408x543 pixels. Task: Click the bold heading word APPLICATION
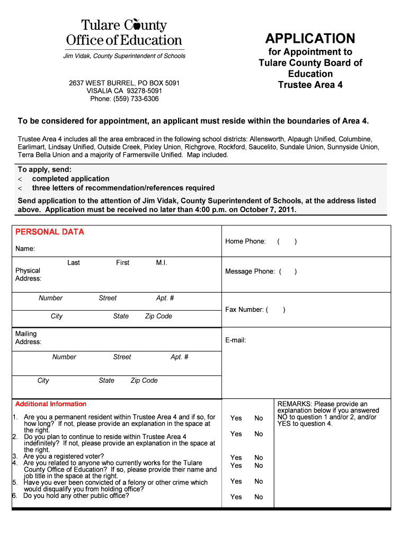[x=310, y=39]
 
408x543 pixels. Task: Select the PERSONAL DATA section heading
[x=49, y=232]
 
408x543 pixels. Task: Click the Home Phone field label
[x=245, y=241]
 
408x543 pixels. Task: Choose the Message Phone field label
[x=250, y=271]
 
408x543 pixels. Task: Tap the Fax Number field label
[x=244, y=310]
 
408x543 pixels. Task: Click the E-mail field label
[x=235, y=340]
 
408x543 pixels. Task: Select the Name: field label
[x=25, y=249]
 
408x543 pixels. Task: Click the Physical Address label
[x=28, y=275]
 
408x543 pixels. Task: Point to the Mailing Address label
[x=28, y=338]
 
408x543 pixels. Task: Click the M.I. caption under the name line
[x=162, y=262]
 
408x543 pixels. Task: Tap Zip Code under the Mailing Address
[x=144, y=380]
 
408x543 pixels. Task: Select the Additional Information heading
[x=51, y=404]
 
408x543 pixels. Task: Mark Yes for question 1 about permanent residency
[x=236, y=418]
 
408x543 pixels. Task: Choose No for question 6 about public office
[x=259, y=497]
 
